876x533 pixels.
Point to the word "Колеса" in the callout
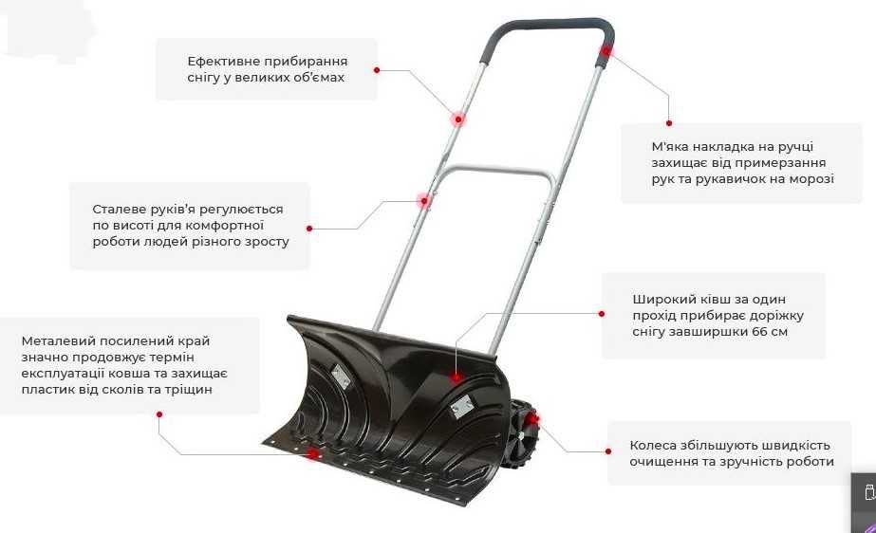654,445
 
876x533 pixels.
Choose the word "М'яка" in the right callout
671,146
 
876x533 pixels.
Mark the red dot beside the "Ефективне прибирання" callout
377,70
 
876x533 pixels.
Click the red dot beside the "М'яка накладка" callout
668,122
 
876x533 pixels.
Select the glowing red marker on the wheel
534,418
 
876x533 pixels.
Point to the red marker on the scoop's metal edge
312,453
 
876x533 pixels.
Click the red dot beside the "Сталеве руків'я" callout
309,228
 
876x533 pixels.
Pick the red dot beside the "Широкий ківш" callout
602,312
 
